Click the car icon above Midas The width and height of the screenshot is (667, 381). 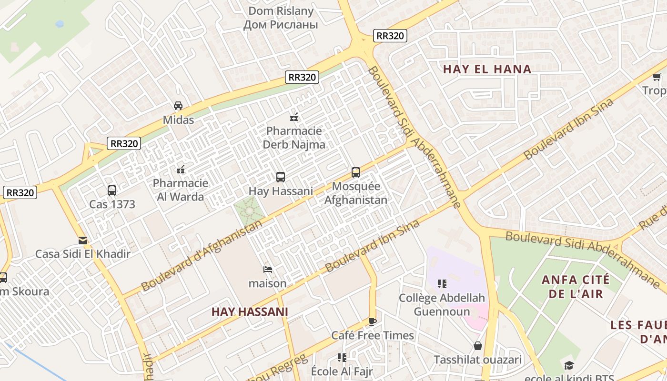coord(178,106)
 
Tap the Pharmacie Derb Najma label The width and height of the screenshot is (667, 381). coord(294,138)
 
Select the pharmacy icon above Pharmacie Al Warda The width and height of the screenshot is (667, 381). coord(181,169)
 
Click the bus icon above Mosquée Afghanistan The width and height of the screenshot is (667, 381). coord(356,172)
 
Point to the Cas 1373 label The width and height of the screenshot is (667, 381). coord(112,204)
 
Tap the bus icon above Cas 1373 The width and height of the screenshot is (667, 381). coord(112,190)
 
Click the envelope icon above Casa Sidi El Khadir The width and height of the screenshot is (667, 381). coord(83,241)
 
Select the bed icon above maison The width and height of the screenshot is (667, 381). coord(268,270)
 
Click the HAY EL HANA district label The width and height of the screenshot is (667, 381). coord(487,69)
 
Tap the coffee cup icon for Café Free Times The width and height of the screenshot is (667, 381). coord(373,321)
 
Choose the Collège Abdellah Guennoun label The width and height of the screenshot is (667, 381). coord(442,305)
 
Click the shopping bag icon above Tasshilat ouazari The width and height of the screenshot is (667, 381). coord(477,346)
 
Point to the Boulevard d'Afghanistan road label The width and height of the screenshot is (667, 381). coord(202,255)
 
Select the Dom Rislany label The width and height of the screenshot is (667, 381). coord(281,18)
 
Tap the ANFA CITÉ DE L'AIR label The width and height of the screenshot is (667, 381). coord(576,286)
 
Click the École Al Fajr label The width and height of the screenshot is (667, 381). coord(342,371)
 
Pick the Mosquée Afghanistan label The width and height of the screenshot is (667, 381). coord(356,193)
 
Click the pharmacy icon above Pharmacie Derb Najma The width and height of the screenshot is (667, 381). coord(294,117)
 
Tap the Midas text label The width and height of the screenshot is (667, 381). coord(178,120)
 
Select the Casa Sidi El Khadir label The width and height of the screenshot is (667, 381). coord(83,254)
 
